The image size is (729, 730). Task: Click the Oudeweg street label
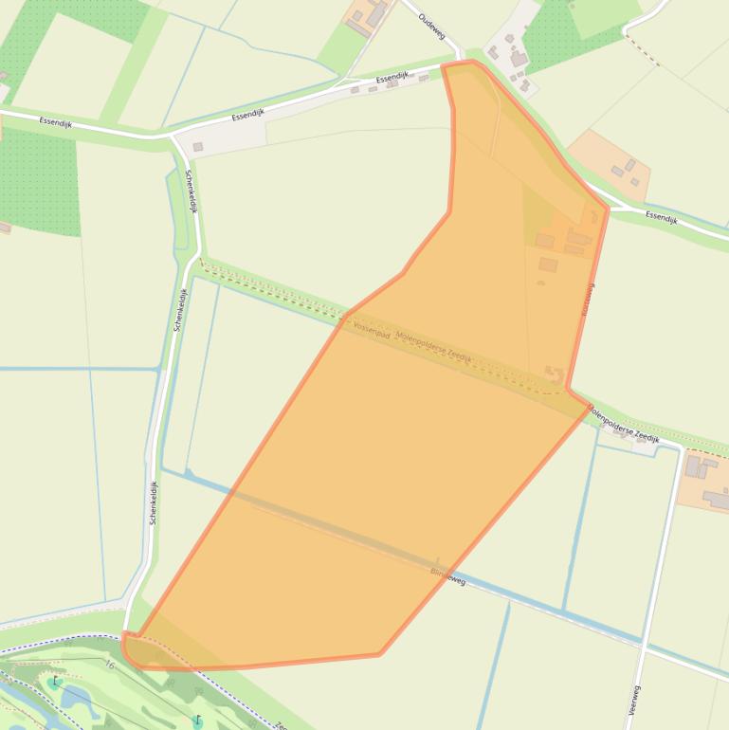(x=431, y=26)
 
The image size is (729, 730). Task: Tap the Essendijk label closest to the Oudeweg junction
(x=392, y=79)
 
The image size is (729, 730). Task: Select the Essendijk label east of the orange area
(x=661, y=218)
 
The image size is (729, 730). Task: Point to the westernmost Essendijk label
(x=55, y=122)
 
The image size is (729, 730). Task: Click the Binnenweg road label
(x=448, y=575)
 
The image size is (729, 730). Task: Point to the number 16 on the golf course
(x=110, y=666)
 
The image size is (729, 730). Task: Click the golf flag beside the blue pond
(x=55, y=682)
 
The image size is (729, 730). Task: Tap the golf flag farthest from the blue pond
(x=197, y=721)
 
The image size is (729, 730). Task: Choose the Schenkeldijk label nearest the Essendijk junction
(x=191, y=191)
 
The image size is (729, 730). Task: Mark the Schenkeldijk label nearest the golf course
(x=153, y=502)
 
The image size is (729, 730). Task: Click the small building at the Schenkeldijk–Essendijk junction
(x=198, y=147)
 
